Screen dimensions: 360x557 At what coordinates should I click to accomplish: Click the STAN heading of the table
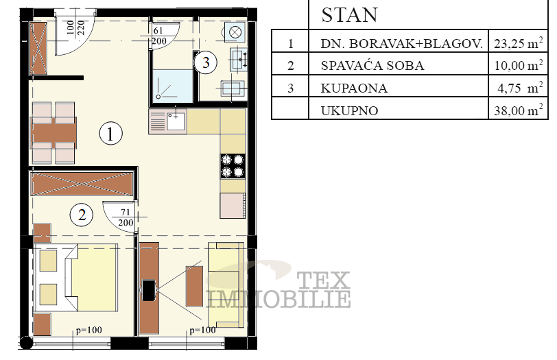pyautogui.click(x=350, y=15)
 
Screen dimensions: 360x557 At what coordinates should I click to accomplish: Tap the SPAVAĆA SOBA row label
pyautogui.click(x=372, y=67)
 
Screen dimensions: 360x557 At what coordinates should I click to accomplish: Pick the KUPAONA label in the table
pyautogui.click(x=354, y=88)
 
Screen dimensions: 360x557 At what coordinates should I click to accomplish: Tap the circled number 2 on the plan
pyautogui.click(x=82, y=215)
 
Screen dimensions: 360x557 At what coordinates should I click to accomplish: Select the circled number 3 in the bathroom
pyautogui.click(x=206, y=62)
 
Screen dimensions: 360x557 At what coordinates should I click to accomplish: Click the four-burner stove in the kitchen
pyautogui.click(x=232, y=166)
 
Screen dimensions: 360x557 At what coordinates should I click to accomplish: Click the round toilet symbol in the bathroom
pyautogui.click(x=235, y=32)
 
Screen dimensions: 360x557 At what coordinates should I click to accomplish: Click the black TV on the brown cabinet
pyautogui.click(x=148, y=289)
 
